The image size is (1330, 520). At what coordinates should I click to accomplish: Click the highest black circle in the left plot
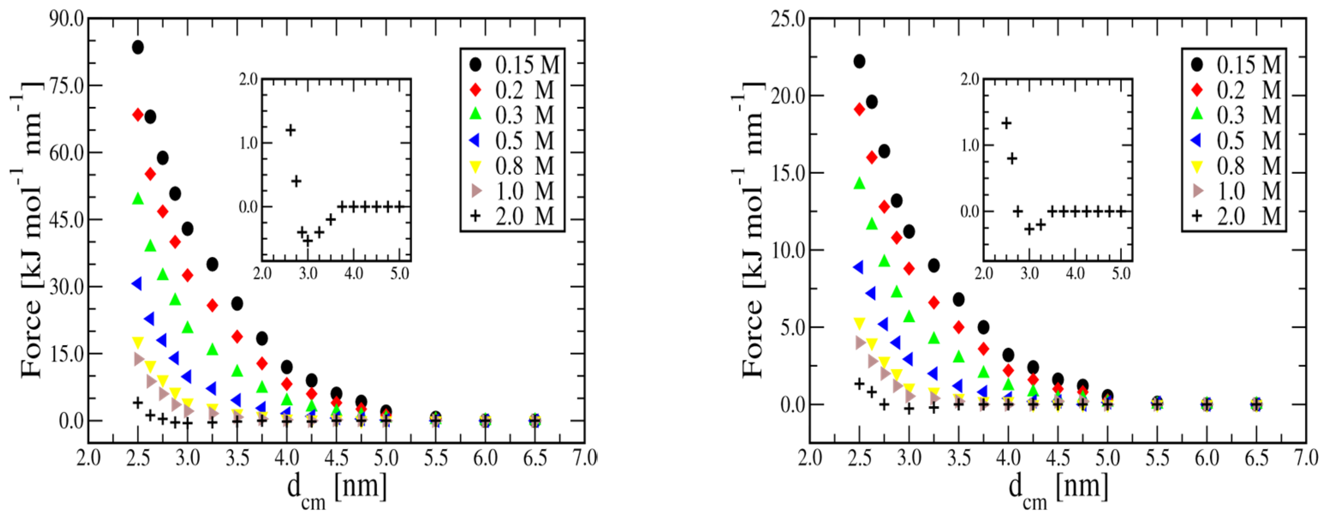(x=138, y=48)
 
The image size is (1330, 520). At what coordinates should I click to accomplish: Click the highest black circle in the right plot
(x=859, y=61)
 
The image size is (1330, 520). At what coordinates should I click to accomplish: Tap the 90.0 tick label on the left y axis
(x=66, y=19)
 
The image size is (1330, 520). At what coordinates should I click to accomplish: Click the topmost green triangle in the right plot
(x=859, y=183)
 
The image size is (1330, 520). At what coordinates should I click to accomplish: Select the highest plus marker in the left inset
(x=291, y=130)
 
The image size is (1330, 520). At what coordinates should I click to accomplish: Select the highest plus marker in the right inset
(x=1006, y=123)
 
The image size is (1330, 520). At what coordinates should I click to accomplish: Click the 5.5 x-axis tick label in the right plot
(x=1157, y=457)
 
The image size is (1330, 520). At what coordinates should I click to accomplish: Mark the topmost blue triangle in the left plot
(x=137, y=284)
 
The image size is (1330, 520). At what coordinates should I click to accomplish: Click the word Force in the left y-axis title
(x=31, y=338)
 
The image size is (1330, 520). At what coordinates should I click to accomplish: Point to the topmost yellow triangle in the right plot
(x=859, y=324)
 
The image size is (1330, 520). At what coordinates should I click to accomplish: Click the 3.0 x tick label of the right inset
(x=1029, y=273)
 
